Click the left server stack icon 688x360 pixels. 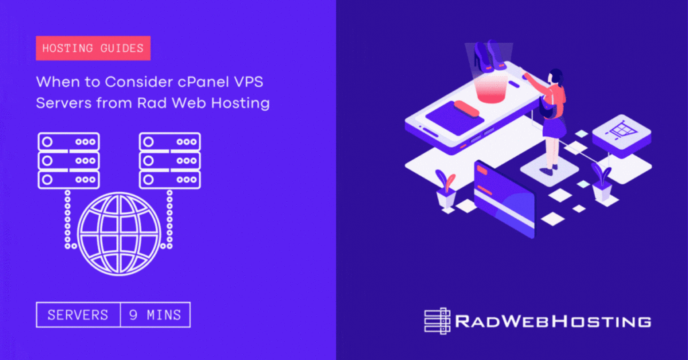[x=69, y=161]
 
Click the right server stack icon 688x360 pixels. [x=170, y=161]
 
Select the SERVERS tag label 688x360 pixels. [x=79, y=314]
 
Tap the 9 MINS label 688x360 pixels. [x=155, y=314]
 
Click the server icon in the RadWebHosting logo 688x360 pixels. [x=437, y=320]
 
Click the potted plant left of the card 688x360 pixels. [x=445, y=189]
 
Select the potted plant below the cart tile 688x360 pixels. [x=601, y=184]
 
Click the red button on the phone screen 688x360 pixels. [x=466, y=107]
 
